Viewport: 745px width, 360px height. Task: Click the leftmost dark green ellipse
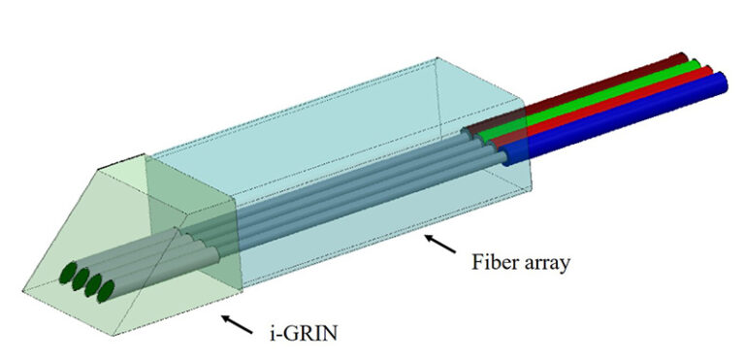71,274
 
